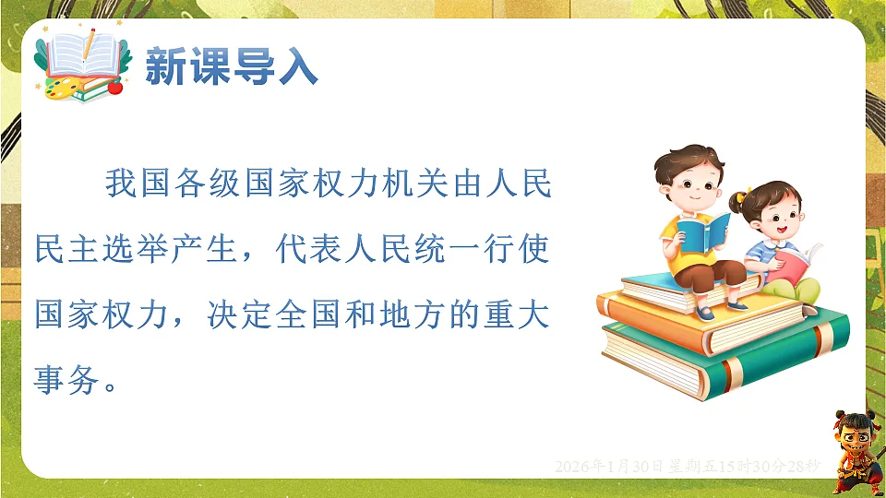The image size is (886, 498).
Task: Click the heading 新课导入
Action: pos(231,67)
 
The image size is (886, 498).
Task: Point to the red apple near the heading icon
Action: pos(115,87)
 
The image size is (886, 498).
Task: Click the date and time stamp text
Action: pos(687,467)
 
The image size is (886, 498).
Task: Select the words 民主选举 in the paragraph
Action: pos(103,249)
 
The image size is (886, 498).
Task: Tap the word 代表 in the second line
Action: pos(310,249)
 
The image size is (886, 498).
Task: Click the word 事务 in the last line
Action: pos(69,378)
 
